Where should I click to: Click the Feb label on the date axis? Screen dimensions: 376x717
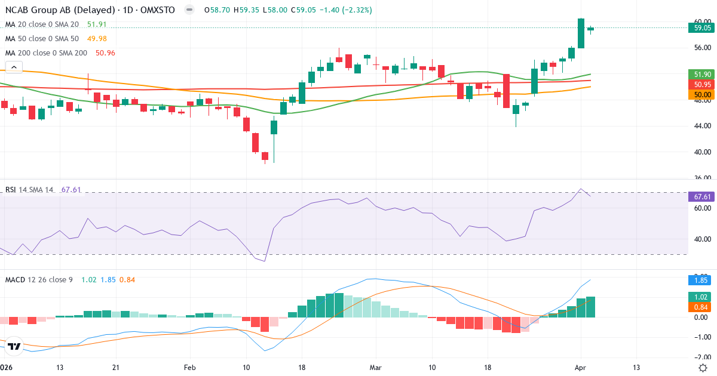(190, 367)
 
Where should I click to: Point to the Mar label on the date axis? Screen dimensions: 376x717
(375, 367)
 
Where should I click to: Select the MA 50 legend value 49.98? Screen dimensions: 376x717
(97, 39)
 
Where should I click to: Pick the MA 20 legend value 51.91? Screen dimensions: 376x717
(97, 24)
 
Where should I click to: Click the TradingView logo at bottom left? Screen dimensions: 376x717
(15, 346)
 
